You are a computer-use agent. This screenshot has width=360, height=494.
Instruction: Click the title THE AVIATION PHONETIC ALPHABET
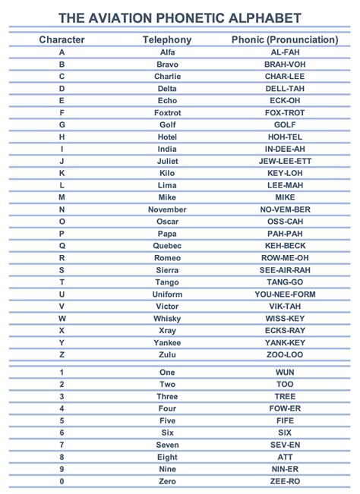pyautogui.click(x=180, y=18)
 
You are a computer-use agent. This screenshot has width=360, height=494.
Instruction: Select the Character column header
pyautogui.click(x=62, y=39)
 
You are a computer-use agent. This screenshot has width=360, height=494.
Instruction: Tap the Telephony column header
pyautogui.click(x=167, y=39)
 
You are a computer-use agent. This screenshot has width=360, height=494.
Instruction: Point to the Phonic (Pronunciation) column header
pyautogui.click(x=285, y=39)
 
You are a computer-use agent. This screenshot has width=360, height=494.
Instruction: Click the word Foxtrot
pyautogui.click(x=167, y=112)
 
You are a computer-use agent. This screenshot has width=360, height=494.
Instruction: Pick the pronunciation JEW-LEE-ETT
pyautogui.click(x=285, y=161)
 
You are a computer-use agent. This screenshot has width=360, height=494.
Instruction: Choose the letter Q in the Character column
pyautogui.click(x=62, y=245)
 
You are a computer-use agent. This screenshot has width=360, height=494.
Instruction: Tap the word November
pyautogui.click(x=167, y=209)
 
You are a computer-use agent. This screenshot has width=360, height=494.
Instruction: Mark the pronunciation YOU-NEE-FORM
pyautogui.click(x=285, y=294)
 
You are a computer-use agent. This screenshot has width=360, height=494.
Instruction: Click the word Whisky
pyautogui.click(x=167, y=318)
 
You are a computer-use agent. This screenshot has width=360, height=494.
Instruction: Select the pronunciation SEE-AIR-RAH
pyautogui.click(x=285, y=269)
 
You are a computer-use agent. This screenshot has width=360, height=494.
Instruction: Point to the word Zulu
pyautogui.click(x=167, y=354)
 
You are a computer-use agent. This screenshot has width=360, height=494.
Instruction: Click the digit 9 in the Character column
pyautogui.click(x=62, y=470)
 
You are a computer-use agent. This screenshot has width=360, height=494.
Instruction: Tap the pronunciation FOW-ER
pyautogui.click(x=285, y=409)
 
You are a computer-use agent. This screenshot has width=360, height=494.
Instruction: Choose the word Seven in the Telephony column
pyautogui.click(x=167, y=445)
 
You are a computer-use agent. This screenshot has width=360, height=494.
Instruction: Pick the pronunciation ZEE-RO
pyautogui.click(x=285, y=482)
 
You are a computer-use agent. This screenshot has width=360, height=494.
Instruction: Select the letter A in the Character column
pyautogui.click(x=62, y=52)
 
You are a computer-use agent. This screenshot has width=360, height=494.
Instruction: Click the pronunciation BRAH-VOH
pyautogui.click(x=285, y=64)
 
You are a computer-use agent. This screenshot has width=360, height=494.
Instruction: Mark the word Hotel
pyautogui.click(x=167, y=137)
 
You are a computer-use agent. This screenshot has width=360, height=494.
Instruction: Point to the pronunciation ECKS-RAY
pyautogui.click(x=285, y=330)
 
